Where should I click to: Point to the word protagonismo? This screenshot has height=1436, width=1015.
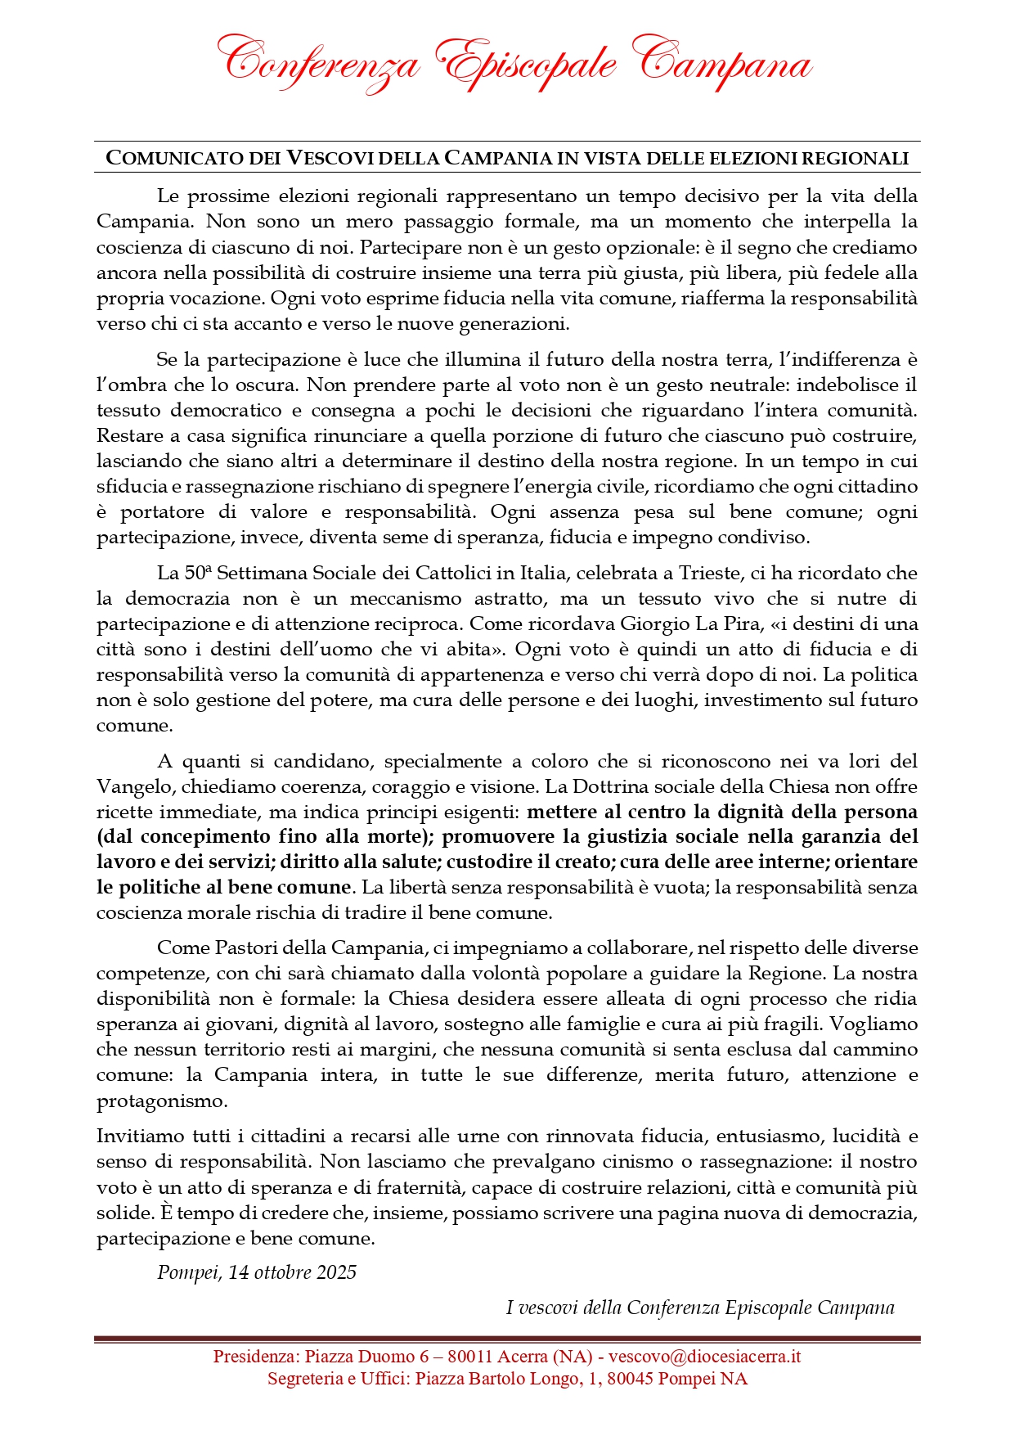click(162, 1101)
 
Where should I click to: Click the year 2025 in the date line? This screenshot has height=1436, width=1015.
click(337, 1272)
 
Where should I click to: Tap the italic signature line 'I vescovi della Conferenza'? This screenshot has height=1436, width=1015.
click(699, 1308)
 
